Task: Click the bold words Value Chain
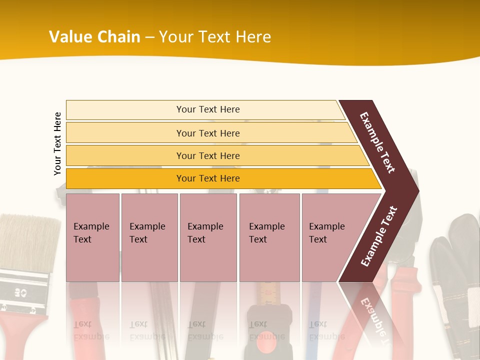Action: tap(94, 37)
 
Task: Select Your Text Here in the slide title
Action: tap(215, 37)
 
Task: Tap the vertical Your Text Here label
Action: tap(57, 143)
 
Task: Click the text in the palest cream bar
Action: tap(208, 109)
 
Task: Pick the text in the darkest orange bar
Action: tap(208, 178)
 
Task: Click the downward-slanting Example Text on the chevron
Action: tap(377, 142)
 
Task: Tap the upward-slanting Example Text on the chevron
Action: tap(379, 236)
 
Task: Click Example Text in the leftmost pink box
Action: tap(91, 233)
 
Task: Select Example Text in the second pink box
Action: tap(147, 233)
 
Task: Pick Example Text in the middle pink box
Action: tap(205, 233)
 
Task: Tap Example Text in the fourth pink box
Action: tap(266, 233)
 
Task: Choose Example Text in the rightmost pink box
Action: tap(326, 233)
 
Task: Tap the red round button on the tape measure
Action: tap(269, 336)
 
